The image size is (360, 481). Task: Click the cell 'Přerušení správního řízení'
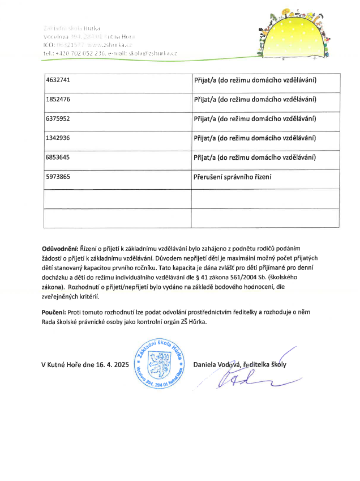233,177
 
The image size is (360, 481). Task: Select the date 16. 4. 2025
108,365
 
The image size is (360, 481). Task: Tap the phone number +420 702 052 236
78,53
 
